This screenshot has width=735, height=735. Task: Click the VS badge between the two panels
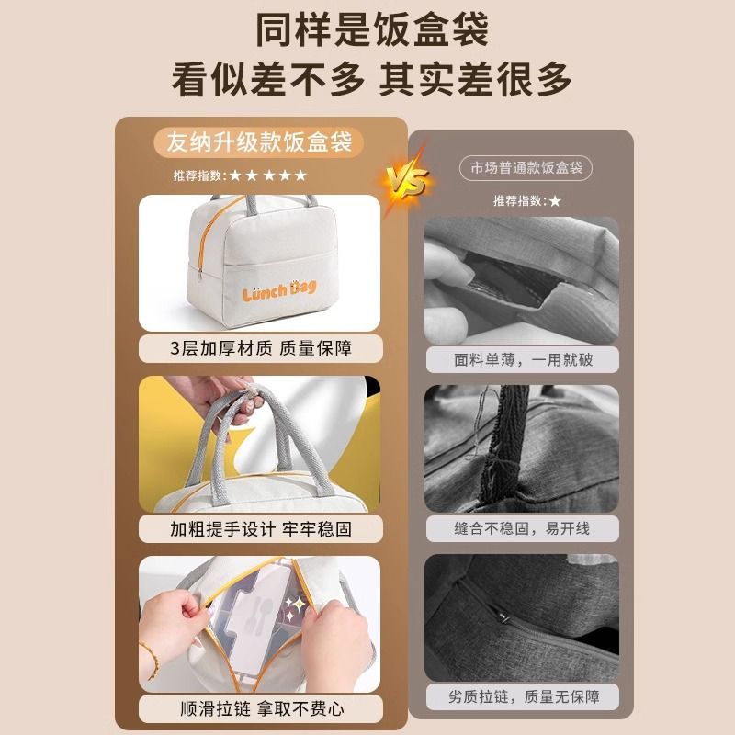click(407, 180)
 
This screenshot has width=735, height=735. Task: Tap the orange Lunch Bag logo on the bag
click(279, 290)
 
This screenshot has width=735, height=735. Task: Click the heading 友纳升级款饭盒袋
click(259, 141)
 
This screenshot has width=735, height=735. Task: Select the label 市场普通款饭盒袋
click(526, 168)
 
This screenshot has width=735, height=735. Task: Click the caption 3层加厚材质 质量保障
click(261, 348)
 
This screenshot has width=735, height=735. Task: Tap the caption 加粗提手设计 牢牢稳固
click(261, 529)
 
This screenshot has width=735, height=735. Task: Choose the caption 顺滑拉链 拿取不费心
click(262, 708)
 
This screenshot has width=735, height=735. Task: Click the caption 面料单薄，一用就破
click(523, 359)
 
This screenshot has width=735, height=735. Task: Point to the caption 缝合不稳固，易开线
click(522, 528)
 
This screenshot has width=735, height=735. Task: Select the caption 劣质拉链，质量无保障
click(524, 696)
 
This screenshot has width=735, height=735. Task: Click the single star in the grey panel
click(555, 201)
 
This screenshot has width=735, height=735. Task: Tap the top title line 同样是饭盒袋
click(372, 30)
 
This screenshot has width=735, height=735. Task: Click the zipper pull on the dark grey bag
click(503, 617)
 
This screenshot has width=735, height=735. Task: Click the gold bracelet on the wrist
click(151, 660)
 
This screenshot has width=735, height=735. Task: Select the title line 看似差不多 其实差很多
click(371, 79)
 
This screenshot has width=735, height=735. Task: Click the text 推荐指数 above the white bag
click(198, 175)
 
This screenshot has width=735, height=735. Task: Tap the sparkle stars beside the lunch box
click(295, 607)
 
